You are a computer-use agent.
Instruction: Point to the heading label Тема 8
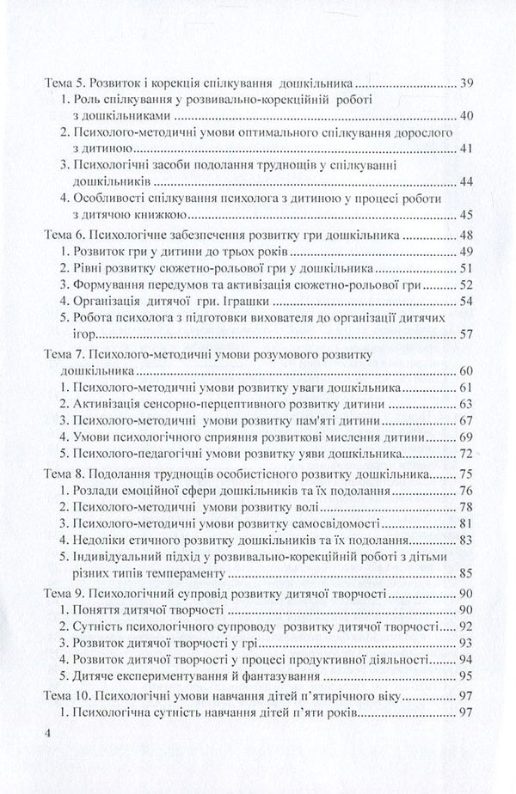click(67, 473)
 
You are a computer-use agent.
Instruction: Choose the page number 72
click(469, 453)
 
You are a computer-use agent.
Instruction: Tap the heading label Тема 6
click(67, 233)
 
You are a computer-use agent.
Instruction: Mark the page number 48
click(469, 233)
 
